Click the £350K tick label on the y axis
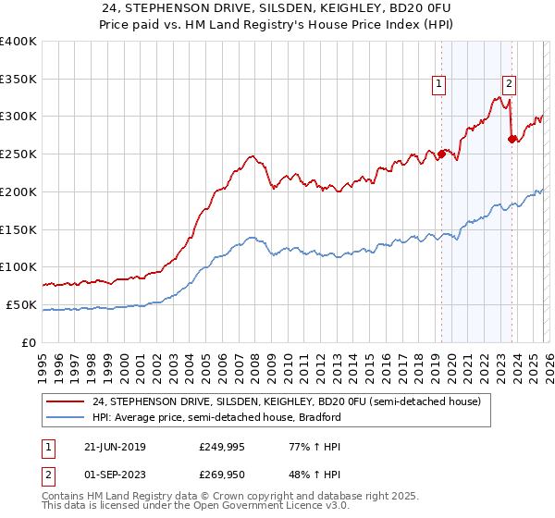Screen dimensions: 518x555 click(18, 79)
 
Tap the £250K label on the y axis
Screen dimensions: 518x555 click(18, 154)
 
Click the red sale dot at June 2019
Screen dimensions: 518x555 click(441, 154)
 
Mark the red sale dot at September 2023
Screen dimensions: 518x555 click(512, 139)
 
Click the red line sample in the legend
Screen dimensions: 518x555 click(67, 402)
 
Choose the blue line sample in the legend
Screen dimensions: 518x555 click(67, 417)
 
